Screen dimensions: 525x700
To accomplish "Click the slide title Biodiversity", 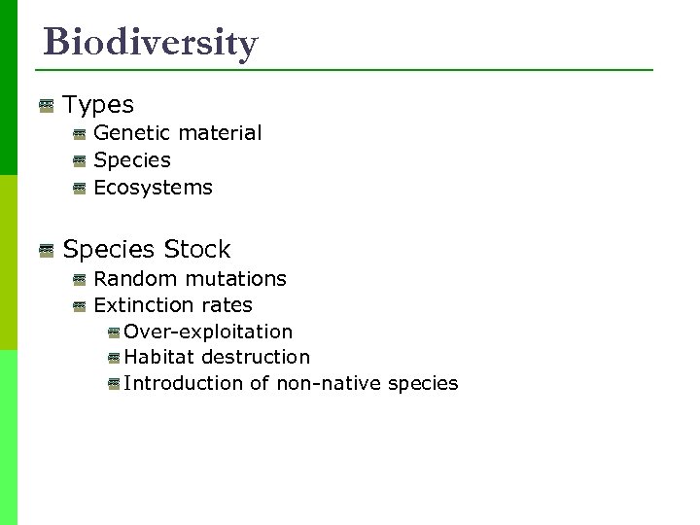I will pos(151,43).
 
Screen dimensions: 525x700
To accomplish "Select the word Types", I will pos(98,104).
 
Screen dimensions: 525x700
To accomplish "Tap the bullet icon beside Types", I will pos(46,104).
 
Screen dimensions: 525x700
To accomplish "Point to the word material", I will pos(217,133).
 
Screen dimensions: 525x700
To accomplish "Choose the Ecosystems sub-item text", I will pos(153,188).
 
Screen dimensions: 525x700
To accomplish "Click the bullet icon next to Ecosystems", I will pos(80,189).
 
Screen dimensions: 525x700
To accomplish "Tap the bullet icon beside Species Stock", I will pos(46,251).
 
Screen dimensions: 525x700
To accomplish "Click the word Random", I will pos(130,279).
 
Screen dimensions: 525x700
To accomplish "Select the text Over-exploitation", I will pos(208,332).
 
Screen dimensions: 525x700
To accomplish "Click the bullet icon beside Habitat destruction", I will pos(114,359).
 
